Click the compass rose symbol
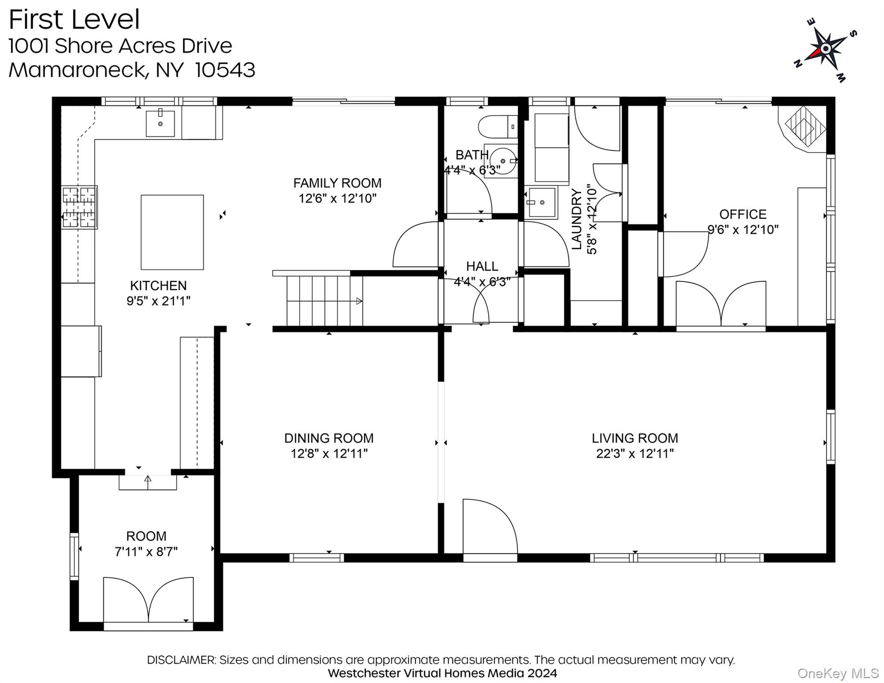click(825, 49)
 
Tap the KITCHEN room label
click(158, 285)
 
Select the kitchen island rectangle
click(172, 232)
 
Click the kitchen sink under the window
click(160, 123)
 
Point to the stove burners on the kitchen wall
click(79, 207)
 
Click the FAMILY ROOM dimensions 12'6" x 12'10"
click(338, 198)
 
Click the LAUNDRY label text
click(576, 219)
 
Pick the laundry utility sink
click(541, 202)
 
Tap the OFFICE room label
click(743, 214)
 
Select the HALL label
click(482, 266)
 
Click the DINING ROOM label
click(329, 438)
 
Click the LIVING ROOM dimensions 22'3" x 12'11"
click(635, 454)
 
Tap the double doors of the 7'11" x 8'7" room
click(149, 600)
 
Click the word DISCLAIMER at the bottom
click(181, 660)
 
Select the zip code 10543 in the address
click(225, 70)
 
